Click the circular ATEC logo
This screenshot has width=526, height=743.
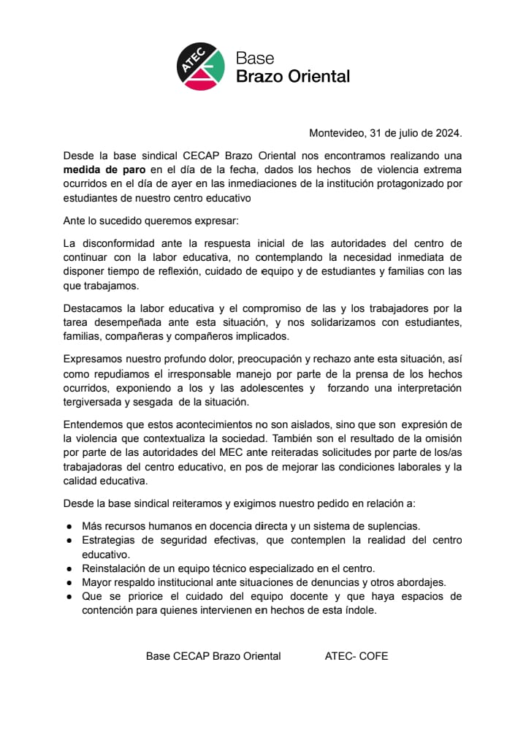point(201,66)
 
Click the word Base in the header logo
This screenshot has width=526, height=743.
point(255,58)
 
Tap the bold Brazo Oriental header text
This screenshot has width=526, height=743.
point(292,76)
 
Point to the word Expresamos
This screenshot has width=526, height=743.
point(94,359)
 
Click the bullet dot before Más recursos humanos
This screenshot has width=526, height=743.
point(69,526)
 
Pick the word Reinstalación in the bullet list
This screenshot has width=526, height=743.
point(114,568)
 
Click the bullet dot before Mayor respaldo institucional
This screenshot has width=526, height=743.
point(69,583)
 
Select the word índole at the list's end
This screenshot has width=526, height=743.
point(359,611)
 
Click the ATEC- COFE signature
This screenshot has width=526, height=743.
point(357,656)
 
